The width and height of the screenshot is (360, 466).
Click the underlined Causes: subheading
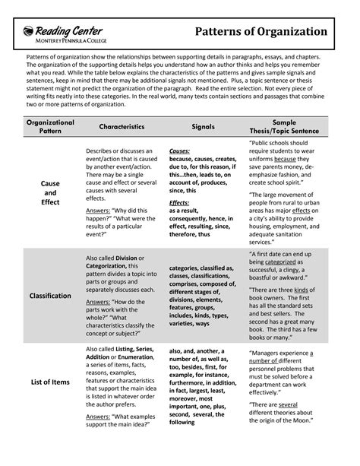(180, 151)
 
